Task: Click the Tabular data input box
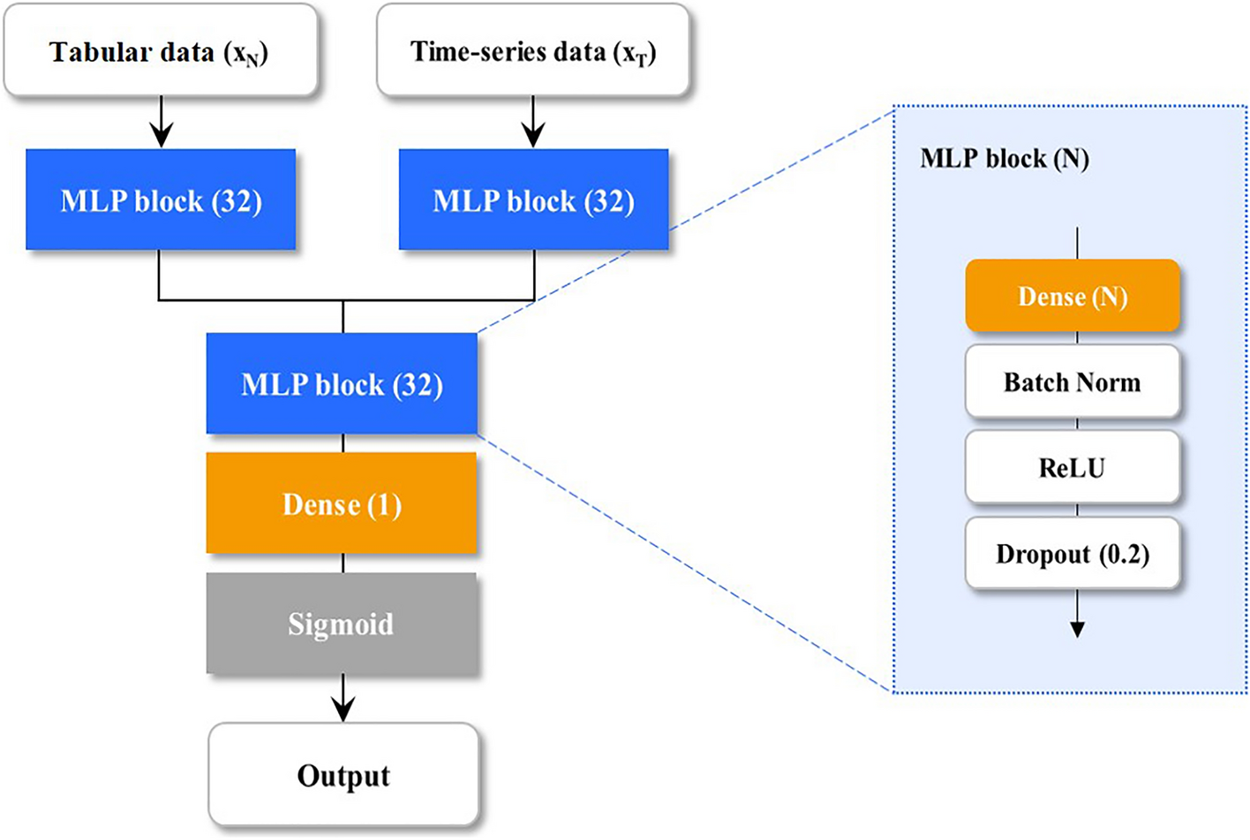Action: (x=161, y=51)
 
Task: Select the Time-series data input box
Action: (x=533, y=51)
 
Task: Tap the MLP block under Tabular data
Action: (x=161, y=200)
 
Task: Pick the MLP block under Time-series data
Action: (x=533, y=200)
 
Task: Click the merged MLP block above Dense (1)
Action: (x=342, y=383)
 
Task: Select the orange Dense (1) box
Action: (x=342, y=503)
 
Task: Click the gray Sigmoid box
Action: (x=342, y=624)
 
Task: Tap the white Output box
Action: (x=343, y=775)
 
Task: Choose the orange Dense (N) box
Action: (x=1073, y=296)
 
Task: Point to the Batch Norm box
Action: (x=1073, y=382)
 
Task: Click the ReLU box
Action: (x=1073, y=467)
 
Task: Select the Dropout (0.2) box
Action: (x=1073, y=554)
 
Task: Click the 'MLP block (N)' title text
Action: (x=1005, y=159)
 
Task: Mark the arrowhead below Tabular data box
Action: (x=161, y=136)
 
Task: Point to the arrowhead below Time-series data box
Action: (x=533, y=136)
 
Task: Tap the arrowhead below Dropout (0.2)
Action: (x=1077, y=628)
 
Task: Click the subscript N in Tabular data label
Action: (x=252, y=60)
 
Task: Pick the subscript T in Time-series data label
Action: (x=641, y=60)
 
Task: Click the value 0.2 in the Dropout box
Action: (x=1124, y=554)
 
